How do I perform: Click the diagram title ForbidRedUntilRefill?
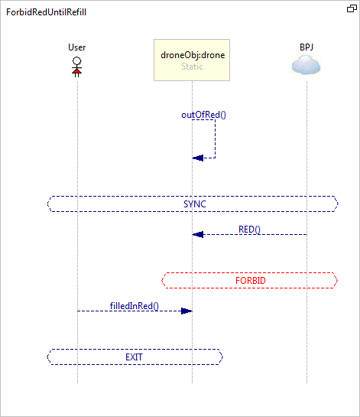tap(46, 12)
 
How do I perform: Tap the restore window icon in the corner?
tap(352, 8)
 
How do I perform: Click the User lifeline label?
tap(77, 47)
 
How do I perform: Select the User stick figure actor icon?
tap(77, 67)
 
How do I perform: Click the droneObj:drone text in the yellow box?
tap(193, 55)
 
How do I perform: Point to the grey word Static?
tap(192, 67)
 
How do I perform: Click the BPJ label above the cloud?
tap(306, 47)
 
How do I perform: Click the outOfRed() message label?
tap(204, 115)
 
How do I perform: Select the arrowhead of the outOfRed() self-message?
tap(198, 158)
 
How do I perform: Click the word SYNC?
tap(195, 204)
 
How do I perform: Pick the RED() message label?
tap(249, 230)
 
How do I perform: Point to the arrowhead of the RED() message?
tap(198, 235)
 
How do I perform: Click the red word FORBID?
tap(251, 281)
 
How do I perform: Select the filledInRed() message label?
tap(135, 306)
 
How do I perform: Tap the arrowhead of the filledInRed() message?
tap(186, 311)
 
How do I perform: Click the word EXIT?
tap(135, 357)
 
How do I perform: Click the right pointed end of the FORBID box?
tap(337, 280)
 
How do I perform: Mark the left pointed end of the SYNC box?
tap(47, 204)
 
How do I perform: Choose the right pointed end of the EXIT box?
tap(222, 357)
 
